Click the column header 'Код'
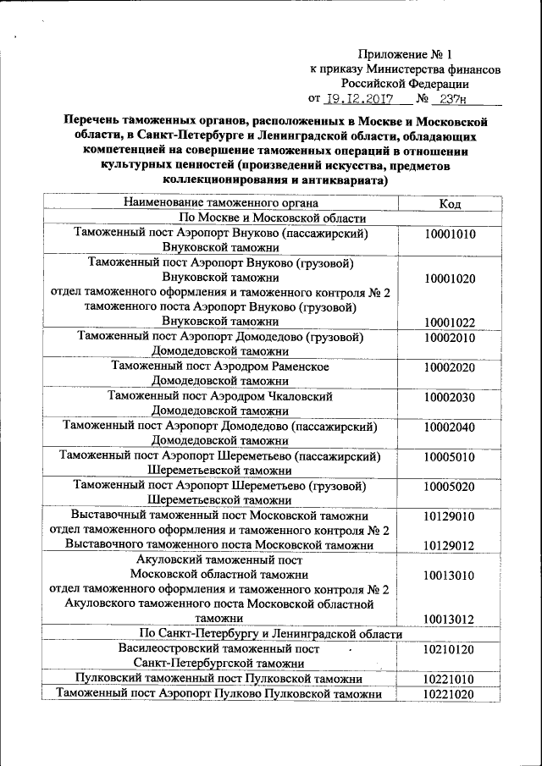[450, 203]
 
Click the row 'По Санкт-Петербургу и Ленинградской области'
[270, 634]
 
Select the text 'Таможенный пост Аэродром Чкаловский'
[220, 396]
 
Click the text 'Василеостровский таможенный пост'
[220, 649]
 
